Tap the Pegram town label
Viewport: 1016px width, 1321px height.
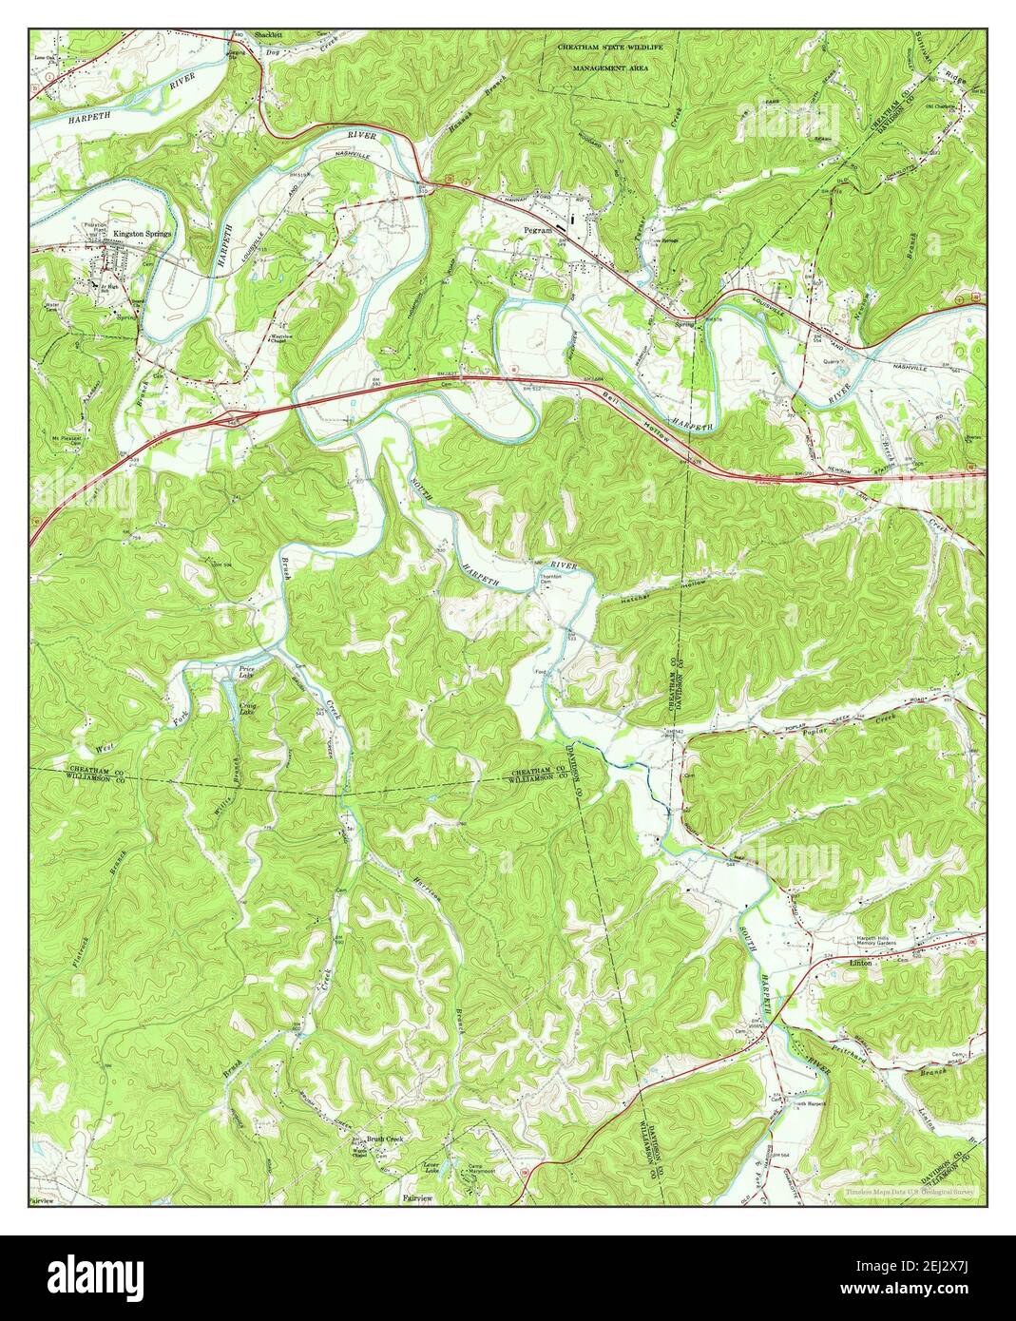pos(538,230)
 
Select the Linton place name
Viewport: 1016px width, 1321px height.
pos(858,963)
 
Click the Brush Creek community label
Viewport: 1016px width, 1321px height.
pos(386,1139)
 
